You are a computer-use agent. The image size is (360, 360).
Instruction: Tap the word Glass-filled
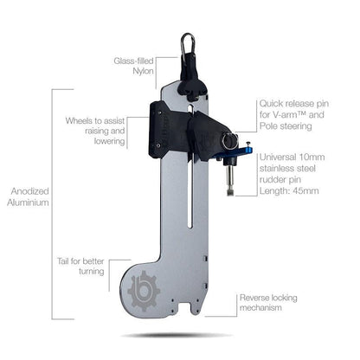coord(133,61)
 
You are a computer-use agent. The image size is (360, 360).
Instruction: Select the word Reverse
coord(258,298)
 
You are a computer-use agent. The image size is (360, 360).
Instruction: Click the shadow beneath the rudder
coord(177,335)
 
